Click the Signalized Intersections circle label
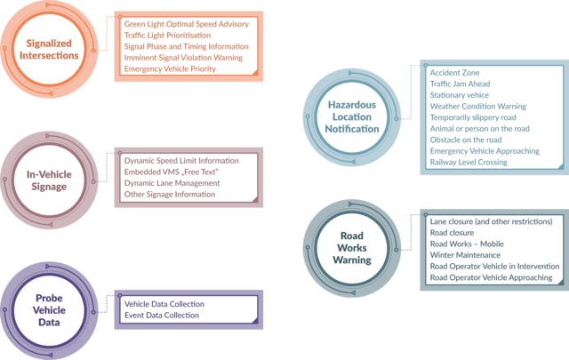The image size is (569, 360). pos(49,50)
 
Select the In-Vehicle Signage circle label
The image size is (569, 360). pos(49,180)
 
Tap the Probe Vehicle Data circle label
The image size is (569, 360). pos(49,310)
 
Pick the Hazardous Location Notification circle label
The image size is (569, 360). pos(352,116)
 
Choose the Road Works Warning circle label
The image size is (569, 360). pos(352,248)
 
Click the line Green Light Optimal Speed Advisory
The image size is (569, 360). pos(187,24)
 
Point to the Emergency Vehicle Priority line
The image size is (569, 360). pos(170,69)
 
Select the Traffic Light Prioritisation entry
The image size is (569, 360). pos(167,36)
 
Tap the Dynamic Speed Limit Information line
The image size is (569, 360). pos(181,161)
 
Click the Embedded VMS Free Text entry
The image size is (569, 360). pos(172,172)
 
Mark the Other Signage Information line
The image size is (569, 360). pos(170,195)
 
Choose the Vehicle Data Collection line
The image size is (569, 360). pos(164,304)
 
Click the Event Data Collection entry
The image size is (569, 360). pos(162,316)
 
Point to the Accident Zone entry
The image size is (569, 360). pos(454,73)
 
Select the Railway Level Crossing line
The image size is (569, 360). pos(469,162)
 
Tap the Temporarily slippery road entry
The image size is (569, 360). pos(473,117)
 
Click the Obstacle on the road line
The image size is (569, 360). pos(466,140)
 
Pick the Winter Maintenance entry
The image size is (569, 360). pos(465,255)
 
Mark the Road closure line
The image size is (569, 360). pos(452,233)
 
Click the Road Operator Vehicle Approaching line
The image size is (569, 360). pos(491,277)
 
